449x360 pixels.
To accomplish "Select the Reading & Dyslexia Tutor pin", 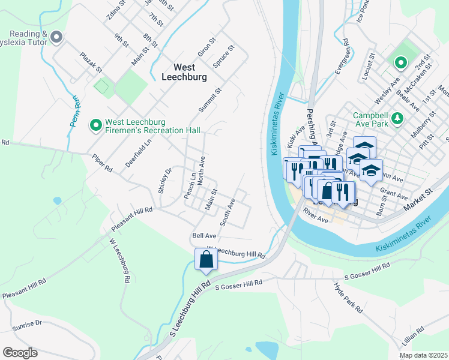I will [57, 38].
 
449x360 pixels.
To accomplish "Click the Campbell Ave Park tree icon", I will [396, 119].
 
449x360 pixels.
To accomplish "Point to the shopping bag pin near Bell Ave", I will [206, 260].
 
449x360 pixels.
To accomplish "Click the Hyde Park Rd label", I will [348, 297].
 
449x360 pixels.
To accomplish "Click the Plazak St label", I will [91, 62].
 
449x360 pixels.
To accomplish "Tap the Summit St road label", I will [210, 100].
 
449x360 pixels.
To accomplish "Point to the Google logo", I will [20, 353].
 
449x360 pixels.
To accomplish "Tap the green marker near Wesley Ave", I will [399, 62].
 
